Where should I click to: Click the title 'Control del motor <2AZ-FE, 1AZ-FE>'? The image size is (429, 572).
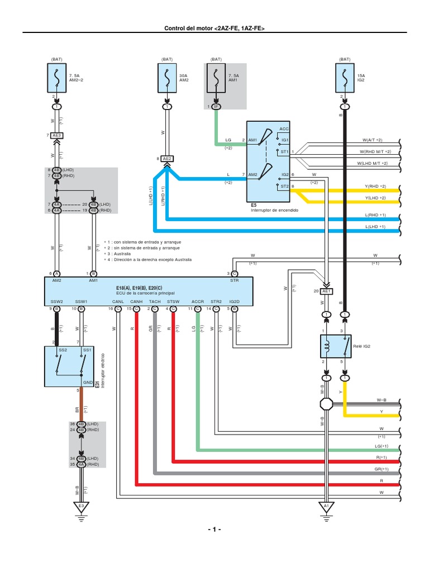pos(214,28)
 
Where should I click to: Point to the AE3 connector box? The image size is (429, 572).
pos(57,135)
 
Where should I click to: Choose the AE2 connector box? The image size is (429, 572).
pos(166,158)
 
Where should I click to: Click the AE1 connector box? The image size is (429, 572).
pos(327,291)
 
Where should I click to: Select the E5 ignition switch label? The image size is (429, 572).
pos(254,206)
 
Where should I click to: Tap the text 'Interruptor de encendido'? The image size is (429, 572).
pos(274,211)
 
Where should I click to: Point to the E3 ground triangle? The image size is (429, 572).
pos(81,506)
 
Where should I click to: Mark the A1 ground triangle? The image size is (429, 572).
pos(326,506)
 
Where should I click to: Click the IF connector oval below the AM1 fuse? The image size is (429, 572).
pos(216,106)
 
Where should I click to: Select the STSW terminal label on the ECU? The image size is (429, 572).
pos(173,302)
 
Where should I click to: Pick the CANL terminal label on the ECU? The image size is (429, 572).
pos(118,302)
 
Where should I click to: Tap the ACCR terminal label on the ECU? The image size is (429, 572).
pos(198,302)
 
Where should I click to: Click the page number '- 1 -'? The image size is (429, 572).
pos(214,529)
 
